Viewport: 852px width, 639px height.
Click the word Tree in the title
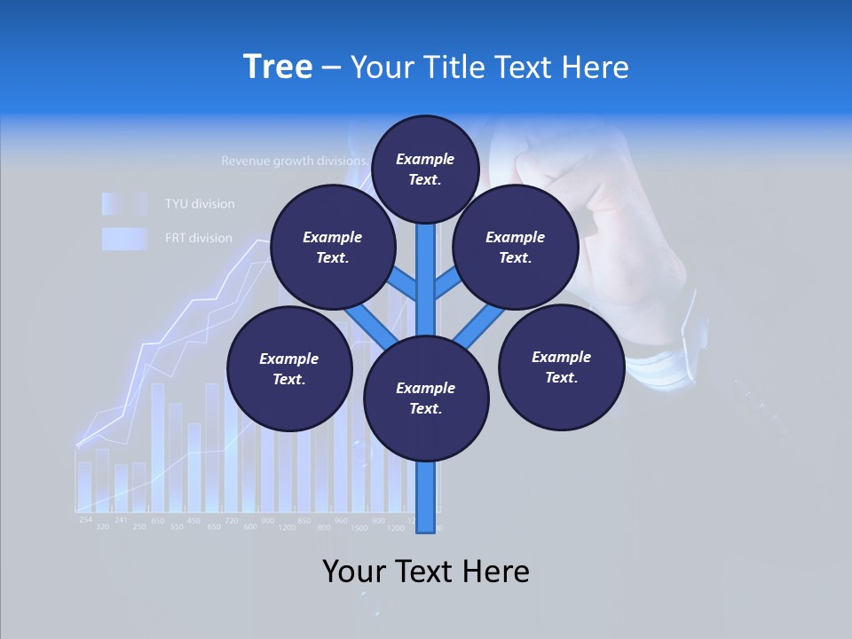[277, 67]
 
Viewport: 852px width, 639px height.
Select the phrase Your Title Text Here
[489, 67]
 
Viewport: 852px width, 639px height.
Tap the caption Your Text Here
[425, 571]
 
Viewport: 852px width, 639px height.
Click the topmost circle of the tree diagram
[425, 169]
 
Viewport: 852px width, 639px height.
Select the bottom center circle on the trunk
[426, 398]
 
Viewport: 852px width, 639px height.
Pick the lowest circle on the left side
[289, 368]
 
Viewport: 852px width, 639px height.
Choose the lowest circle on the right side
[561, 367]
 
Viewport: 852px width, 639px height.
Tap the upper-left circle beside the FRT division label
[332, 247]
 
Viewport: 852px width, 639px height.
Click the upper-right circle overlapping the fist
[516, 247]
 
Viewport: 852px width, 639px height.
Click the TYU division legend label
[200, 204]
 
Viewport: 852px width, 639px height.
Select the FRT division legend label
[199, 238]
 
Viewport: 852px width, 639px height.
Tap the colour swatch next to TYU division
[123, 204]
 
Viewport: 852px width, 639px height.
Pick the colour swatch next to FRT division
[123, 238]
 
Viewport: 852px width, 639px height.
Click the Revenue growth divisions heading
[294, 162]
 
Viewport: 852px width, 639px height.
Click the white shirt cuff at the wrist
[661, 364]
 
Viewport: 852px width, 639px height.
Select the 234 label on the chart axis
[85, 519]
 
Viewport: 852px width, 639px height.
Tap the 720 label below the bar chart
[231, 519]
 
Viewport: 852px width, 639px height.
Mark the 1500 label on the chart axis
[359, 527]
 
